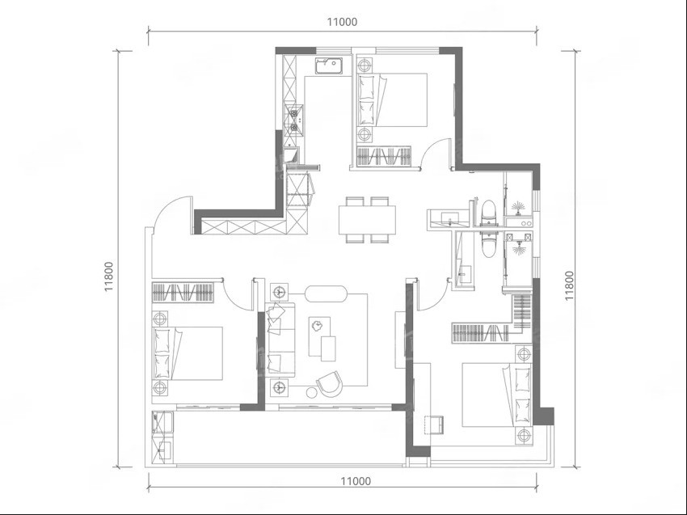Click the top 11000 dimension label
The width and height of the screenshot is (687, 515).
coord(342,22)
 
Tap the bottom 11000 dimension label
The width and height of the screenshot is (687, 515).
coord(356,481)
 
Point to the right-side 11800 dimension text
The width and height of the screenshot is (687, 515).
coord(569,285)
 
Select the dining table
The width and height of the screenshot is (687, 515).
coord(367,220)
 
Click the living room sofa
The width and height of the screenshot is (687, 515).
coord(280,340)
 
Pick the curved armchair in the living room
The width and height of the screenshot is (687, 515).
coord(329,384)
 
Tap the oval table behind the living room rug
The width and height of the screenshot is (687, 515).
coord(326,293)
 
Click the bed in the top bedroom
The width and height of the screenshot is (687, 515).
coord(392,100)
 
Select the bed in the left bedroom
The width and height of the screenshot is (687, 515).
coord(188,352)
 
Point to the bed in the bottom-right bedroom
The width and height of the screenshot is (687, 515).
coord(498,395)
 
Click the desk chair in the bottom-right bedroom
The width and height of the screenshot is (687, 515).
coord(434,424)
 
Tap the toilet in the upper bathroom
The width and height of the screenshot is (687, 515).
coord(487,213)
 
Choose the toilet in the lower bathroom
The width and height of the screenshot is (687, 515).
coord(487,245)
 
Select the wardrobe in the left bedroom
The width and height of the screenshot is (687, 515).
coord(183,293)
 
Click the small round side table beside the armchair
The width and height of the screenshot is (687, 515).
coord(311,392)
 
